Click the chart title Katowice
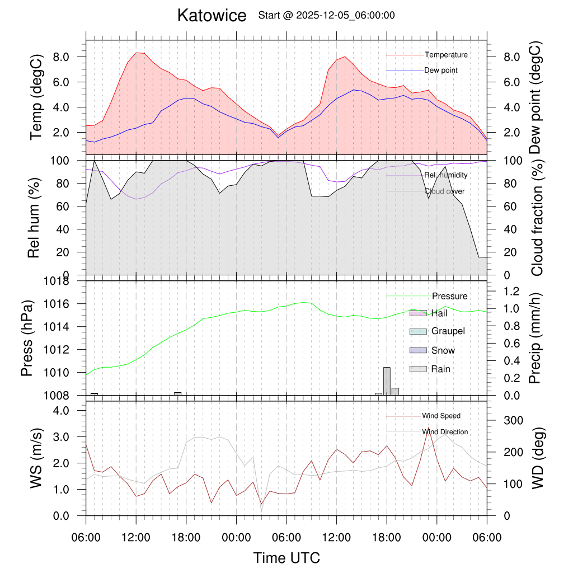pos(212,16)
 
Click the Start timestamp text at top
pos(326,16)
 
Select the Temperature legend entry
pos(445,55)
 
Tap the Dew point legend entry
pos(440,71)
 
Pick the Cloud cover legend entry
pos(444,191)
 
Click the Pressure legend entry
pos(449,296)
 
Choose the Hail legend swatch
pos(418,313)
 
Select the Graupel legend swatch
pos(418,331)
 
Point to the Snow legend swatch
pos(418,350)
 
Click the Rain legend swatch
pos(418,369)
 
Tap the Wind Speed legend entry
pos(441,416)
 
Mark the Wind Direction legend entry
pos(445,432)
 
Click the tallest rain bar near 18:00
pos(387,381)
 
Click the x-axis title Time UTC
pos(286,558)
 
